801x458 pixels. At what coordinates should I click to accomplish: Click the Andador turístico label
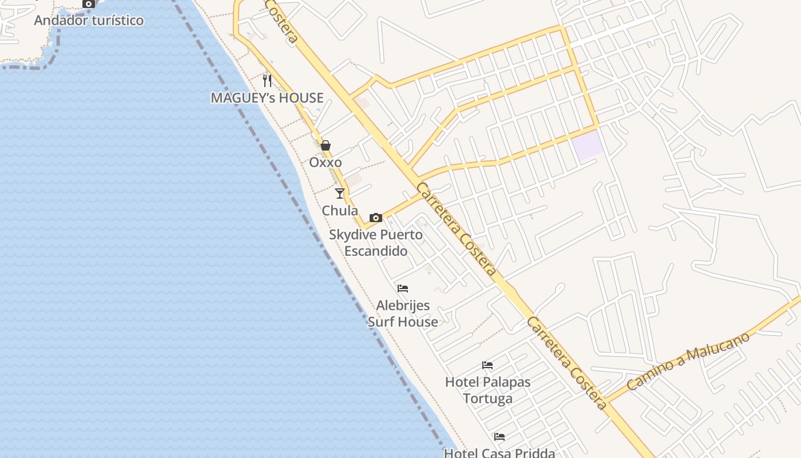(x=89, y=21)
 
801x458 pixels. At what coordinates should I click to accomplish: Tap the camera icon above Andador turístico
(x=89, y=3)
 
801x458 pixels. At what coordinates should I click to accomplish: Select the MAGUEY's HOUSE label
(x=267, y=98)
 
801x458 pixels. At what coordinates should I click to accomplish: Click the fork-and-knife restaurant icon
(x=267, y=80)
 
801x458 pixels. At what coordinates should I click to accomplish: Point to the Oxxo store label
(x=326, y=163)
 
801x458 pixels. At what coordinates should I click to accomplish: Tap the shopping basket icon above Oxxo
(x=326, y=145)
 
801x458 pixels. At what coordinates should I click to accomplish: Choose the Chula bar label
(x=340, y=211)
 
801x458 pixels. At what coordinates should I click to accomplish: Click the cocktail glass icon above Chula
(x=340, y=194)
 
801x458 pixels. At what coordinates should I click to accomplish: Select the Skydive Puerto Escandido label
(x=376, y=243)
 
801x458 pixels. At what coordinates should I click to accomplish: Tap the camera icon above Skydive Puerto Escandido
(x=376, y=218)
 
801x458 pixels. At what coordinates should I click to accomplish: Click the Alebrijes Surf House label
(x=403, y=314)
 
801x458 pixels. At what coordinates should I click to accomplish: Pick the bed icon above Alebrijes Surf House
(x=403, y=288)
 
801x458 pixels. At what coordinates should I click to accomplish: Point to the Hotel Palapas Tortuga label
(x=488, y=390)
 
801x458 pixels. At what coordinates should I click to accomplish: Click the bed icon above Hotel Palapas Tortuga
(x=487, y=365)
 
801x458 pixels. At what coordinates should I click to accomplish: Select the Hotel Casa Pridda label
(x=499, y=453)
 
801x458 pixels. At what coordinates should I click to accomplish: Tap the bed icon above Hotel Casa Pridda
(x=499, y=437)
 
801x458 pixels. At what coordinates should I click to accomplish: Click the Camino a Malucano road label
(x=688, y=362)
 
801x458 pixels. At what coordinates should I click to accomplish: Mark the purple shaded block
(x=588, y=145)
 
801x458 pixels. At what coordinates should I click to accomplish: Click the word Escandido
(x=376, y=251)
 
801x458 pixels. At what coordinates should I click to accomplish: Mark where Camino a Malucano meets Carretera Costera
(x=606, y=401)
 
